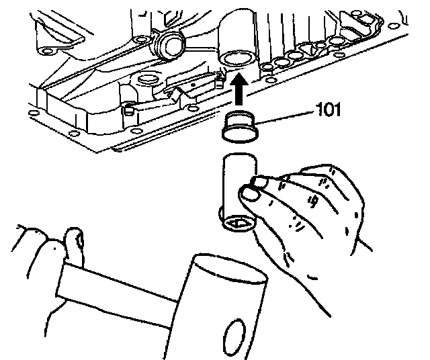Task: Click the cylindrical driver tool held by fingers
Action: click(x=236, y=185)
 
